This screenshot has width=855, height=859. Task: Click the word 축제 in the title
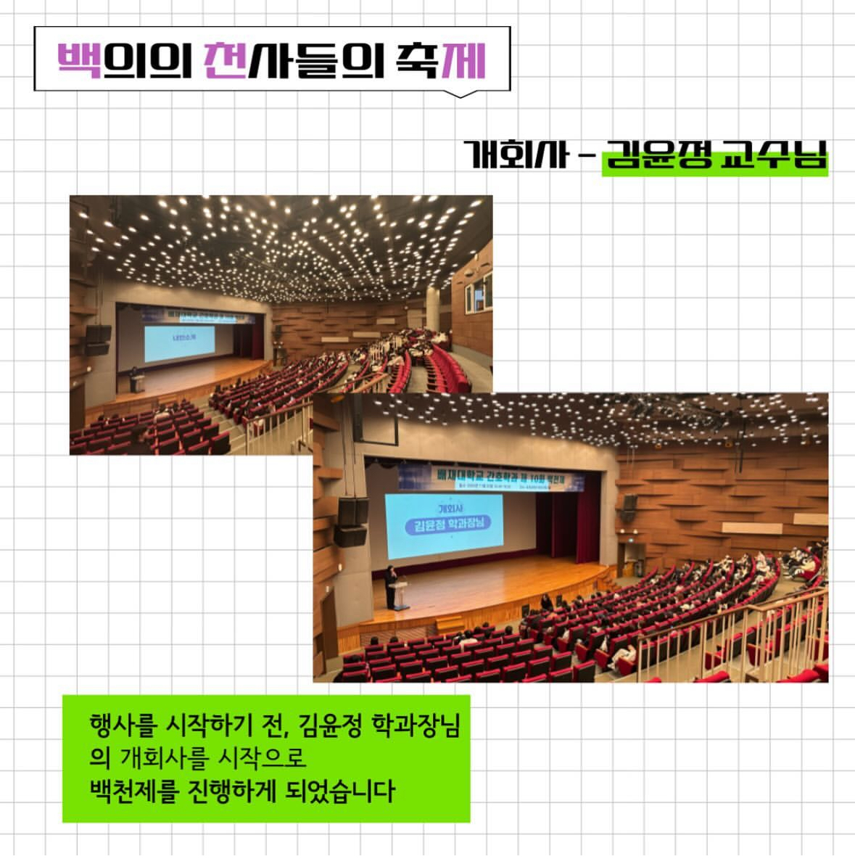[440, 60]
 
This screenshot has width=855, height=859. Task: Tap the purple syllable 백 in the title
[80, 60]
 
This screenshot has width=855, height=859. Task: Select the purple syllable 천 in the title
[224, 60]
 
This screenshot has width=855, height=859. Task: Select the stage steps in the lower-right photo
[450, 623]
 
